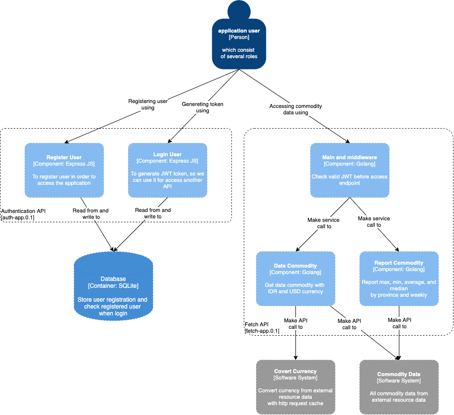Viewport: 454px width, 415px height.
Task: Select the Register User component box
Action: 64,170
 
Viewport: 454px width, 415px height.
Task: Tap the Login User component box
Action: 167,170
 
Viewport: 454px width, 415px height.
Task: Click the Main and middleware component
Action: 350,170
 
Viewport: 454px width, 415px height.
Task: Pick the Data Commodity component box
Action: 295,278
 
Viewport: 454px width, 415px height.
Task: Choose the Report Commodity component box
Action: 399,278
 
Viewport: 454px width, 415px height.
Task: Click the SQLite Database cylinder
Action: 113,291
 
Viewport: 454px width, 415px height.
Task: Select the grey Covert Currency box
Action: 295,386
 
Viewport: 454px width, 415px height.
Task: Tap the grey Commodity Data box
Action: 399,386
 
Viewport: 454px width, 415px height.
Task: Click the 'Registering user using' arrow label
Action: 148,104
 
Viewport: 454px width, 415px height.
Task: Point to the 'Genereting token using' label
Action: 202,107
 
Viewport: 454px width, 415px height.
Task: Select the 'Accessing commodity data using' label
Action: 295,109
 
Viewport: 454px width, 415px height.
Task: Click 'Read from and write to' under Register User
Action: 91,213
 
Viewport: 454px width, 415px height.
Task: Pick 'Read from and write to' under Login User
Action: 153,213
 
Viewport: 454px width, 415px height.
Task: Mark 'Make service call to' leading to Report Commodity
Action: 374,221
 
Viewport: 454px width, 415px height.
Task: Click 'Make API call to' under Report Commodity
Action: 399,323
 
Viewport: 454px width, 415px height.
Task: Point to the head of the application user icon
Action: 239,11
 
